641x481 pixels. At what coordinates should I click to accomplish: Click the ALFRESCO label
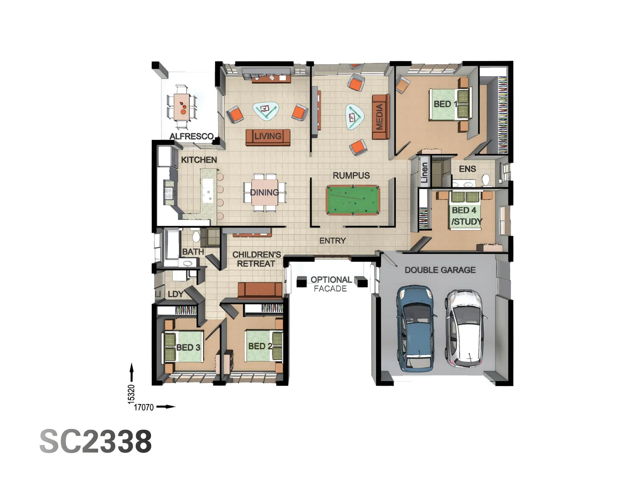coord(191,136)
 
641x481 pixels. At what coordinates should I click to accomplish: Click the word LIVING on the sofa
coord(268,136)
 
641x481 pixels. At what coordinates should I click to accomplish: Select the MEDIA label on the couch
coord(379,117)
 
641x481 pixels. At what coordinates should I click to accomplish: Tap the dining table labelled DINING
coord(265,193)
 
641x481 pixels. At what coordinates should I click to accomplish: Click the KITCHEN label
coord(199,160)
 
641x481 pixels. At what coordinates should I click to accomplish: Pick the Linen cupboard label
coord(424,172)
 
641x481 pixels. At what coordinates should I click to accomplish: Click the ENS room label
coord(467,169)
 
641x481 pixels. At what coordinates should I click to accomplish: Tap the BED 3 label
coord(188,347)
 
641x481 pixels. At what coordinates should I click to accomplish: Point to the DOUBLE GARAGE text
coord(440,270)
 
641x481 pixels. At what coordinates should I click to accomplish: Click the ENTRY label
coord(333,240)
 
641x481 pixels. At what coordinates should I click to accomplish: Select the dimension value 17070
coord(144,407)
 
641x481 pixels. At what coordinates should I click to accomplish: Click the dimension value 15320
coord(131,394)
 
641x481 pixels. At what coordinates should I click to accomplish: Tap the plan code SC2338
coord(96,441)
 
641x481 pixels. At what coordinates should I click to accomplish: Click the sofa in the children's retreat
coord(260,290)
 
